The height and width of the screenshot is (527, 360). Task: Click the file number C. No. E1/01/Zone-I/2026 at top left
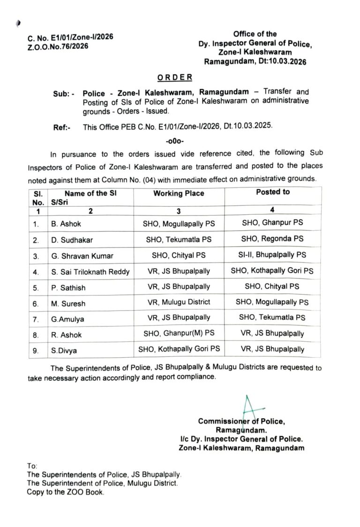pyautogui.click(x=70, y=37)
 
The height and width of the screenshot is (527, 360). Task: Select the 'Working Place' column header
pyautogui.click(x=179, y=194)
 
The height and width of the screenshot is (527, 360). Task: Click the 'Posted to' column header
pyautogui.click(x=273, y=192)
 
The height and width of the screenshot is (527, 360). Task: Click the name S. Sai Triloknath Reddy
pyautogui.click(x=90, y=271)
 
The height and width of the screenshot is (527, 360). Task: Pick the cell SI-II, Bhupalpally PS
pyautogui.click(x=272, y=255)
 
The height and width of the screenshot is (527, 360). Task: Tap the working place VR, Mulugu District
pyautogui.click(x=179, y=302)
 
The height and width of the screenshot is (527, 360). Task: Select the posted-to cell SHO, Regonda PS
pyautogui.click(x=272, y=239)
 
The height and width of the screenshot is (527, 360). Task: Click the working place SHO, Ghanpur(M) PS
pyautogui.click(x=179, y=334)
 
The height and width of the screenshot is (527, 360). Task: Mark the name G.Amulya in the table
pyautogui.click(x=68, y=318)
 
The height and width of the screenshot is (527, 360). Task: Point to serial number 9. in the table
pyautogui.click(x=36, y=350)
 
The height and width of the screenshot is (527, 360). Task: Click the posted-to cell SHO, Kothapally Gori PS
pyautogui.click(x=272, y=271)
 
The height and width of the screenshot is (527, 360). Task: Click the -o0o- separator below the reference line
pyautogui.click(x=174, y=140)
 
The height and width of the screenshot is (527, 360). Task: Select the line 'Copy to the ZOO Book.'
pyautogui.click(x=66, y=492)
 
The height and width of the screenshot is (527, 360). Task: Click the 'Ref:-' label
pyautogui.click(x=61, y=127)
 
